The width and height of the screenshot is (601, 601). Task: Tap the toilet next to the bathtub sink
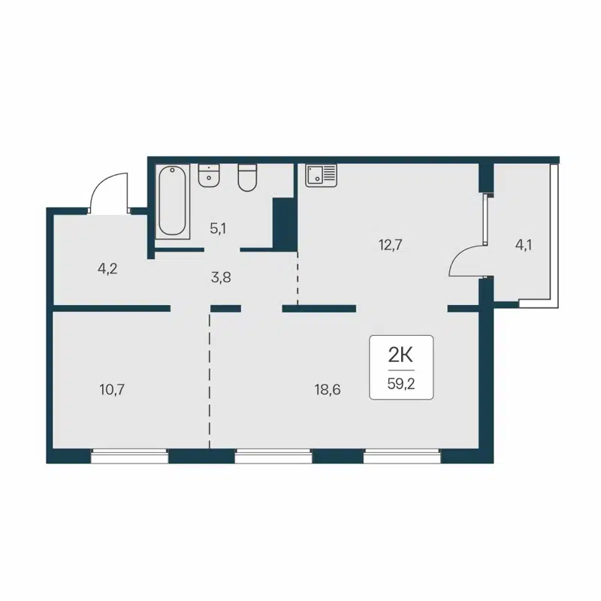(248, 178)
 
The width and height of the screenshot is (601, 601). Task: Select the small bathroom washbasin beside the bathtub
(209, 176)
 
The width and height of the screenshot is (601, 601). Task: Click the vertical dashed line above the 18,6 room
(298, 279)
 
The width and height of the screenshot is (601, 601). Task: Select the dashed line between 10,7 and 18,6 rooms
(210, 379)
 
